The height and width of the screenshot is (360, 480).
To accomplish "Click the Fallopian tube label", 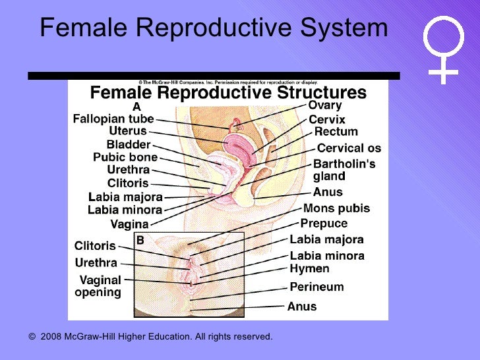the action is [113, 119].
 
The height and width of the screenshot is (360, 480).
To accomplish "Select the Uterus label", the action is [131, 131].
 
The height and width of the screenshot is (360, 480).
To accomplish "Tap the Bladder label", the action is [129, 144].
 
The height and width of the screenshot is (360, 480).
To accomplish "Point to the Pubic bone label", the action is [125, 158].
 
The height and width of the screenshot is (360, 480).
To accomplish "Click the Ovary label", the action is [325, 105].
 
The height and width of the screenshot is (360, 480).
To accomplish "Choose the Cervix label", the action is [326, 120].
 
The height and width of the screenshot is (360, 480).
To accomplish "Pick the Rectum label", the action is [336, 133].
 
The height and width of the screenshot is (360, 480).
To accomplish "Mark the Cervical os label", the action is [349, 148].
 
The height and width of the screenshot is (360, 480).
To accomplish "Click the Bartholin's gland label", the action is [344, 170].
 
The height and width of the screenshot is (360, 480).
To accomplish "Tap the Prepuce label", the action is [324, 224].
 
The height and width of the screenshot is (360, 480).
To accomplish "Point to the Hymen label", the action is [309, 269].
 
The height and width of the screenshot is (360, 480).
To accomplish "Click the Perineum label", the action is [316, 287].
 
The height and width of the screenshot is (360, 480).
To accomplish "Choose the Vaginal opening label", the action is [100, 285].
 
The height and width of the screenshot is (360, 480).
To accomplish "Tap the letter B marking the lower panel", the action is [140, 241].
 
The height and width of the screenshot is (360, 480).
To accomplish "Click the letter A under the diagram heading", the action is [136, 106].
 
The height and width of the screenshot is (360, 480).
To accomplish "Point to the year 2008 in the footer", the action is [51, 337].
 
